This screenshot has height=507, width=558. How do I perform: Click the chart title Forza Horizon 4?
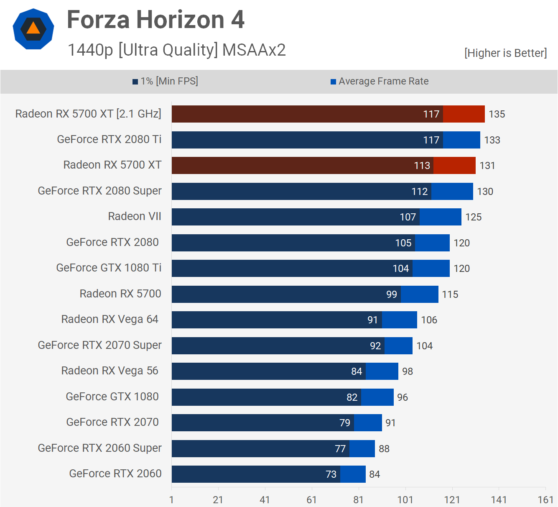[x=155, y=20]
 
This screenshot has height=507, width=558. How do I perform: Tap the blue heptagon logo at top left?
[x=33, y=29]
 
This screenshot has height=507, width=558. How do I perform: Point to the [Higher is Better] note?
[x=505, y=53]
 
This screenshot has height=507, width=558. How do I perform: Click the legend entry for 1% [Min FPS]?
[x=166, y=81]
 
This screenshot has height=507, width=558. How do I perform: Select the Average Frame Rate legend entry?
[x=380, y=81]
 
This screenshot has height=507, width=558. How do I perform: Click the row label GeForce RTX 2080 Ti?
[x=109, y=139]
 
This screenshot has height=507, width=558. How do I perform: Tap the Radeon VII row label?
[x=135, y=216]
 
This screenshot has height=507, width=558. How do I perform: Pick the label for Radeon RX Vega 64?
[x=110, y=319]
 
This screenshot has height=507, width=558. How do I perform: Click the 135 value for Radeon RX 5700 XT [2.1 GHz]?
[x=497, y=114]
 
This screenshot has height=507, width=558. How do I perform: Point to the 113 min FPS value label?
[x=422, y=166]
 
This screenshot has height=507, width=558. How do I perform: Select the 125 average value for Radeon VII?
[x=474, y=217]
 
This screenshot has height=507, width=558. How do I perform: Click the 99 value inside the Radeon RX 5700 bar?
[x=392, y=294]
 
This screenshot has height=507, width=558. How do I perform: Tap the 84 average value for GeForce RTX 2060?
[x=375, y=474]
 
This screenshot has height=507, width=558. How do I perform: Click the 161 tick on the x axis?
[x=545, y=500]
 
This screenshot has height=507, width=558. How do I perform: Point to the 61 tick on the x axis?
[x=312, y=500]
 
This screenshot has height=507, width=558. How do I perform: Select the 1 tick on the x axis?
[x=171, y=500]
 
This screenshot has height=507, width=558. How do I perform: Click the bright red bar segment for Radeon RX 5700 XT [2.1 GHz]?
[x=464, y=114]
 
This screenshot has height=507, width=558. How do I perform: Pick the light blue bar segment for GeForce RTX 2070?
[x=368, y=423]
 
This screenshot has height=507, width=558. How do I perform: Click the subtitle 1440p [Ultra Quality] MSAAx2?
[x=176, y=50]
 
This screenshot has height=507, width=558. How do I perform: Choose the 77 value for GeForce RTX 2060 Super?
[x=340, y=449]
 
